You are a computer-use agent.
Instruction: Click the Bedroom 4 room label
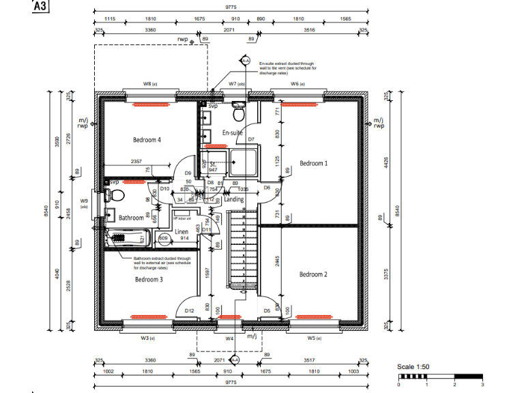[146, 140]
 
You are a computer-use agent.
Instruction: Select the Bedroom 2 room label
[313, 274]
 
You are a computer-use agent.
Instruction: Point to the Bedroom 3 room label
[148, 279]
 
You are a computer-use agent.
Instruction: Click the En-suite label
[233, 133]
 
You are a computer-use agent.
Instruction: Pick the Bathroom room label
[131, 218]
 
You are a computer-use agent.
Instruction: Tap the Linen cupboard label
[181, 232]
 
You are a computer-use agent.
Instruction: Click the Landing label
[234, 199]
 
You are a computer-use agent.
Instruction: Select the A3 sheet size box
[42, 7]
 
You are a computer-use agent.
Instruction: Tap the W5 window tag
[314, 338]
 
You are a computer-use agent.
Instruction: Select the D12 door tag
[190, 310]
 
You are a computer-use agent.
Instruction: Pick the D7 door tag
[251, 139]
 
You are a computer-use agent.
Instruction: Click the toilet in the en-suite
[237, 109]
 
